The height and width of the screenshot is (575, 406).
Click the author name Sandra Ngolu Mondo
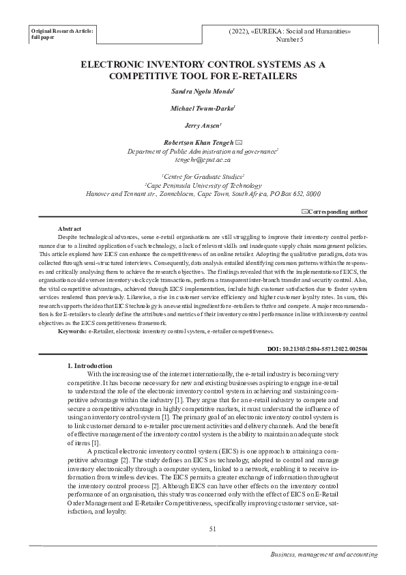click(202, 91)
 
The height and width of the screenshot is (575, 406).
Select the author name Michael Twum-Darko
click(202, 108)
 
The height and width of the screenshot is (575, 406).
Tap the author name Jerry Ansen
click(202, 126)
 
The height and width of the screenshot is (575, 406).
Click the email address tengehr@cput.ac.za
click(203, 159)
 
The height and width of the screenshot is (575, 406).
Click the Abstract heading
click(71, 228)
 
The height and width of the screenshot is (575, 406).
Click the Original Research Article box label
click(62, 32)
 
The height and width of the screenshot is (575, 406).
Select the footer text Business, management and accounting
click(323, 552)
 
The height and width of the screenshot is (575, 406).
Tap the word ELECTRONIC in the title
click(113, 65)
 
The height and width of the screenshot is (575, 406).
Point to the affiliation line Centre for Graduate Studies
click(203, 176)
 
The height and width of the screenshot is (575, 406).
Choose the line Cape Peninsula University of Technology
click(203, 185)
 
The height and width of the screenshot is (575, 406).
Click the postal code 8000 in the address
click(313, 194)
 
